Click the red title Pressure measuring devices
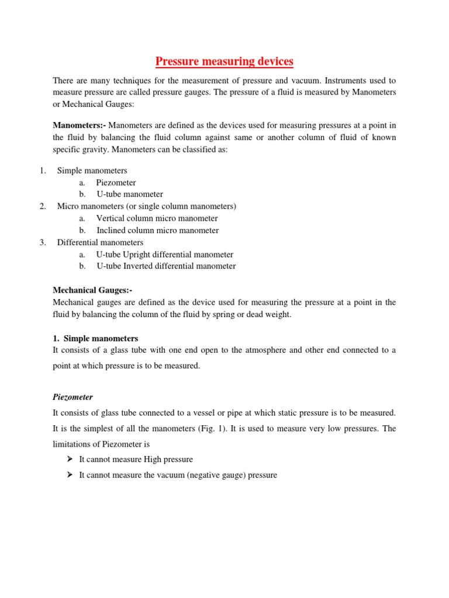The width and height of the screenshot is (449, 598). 224,61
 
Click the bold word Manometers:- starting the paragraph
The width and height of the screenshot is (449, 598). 80,124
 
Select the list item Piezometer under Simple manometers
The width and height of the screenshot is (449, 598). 116,182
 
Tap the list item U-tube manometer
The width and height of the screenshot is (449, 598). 130,194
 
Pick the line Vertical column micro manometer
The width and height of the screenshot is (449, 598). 157,218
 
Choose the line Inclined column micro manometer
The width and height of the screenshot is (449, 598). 157,230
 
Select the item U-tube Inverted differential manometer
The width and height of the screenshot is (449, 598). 166,266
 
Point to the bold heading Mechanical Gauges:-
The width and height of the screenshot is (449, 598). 96,290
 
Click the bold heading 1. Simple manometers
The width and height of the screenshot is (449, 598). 95,338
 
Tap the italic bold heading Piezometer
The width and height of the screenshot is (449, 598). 73,397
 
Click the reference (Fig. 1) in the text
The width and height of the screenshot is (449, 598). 246,428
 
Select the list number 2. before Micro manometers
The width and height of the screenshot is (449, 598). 43,206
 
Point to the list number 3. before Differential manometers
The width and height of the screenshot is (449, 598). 43,242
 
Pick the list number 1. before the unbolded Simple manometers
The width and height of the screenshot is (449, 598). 43,170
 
